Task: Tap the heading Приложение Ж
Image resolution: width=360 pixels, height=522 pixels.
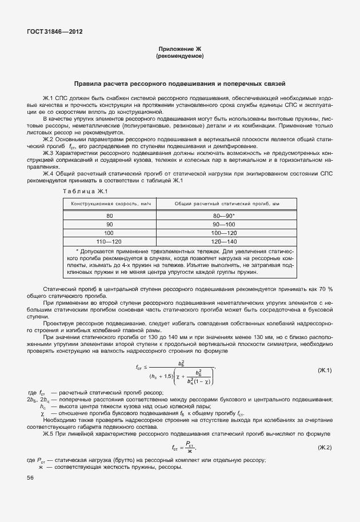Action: click(x=179, y=50)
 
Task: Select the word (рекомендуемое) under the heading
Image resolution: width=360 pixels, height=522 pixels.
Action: click(x=179, y=57)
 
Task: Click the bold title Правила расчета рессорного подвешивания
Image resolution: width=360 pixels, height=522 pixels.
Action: click(x=179, y=83)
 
